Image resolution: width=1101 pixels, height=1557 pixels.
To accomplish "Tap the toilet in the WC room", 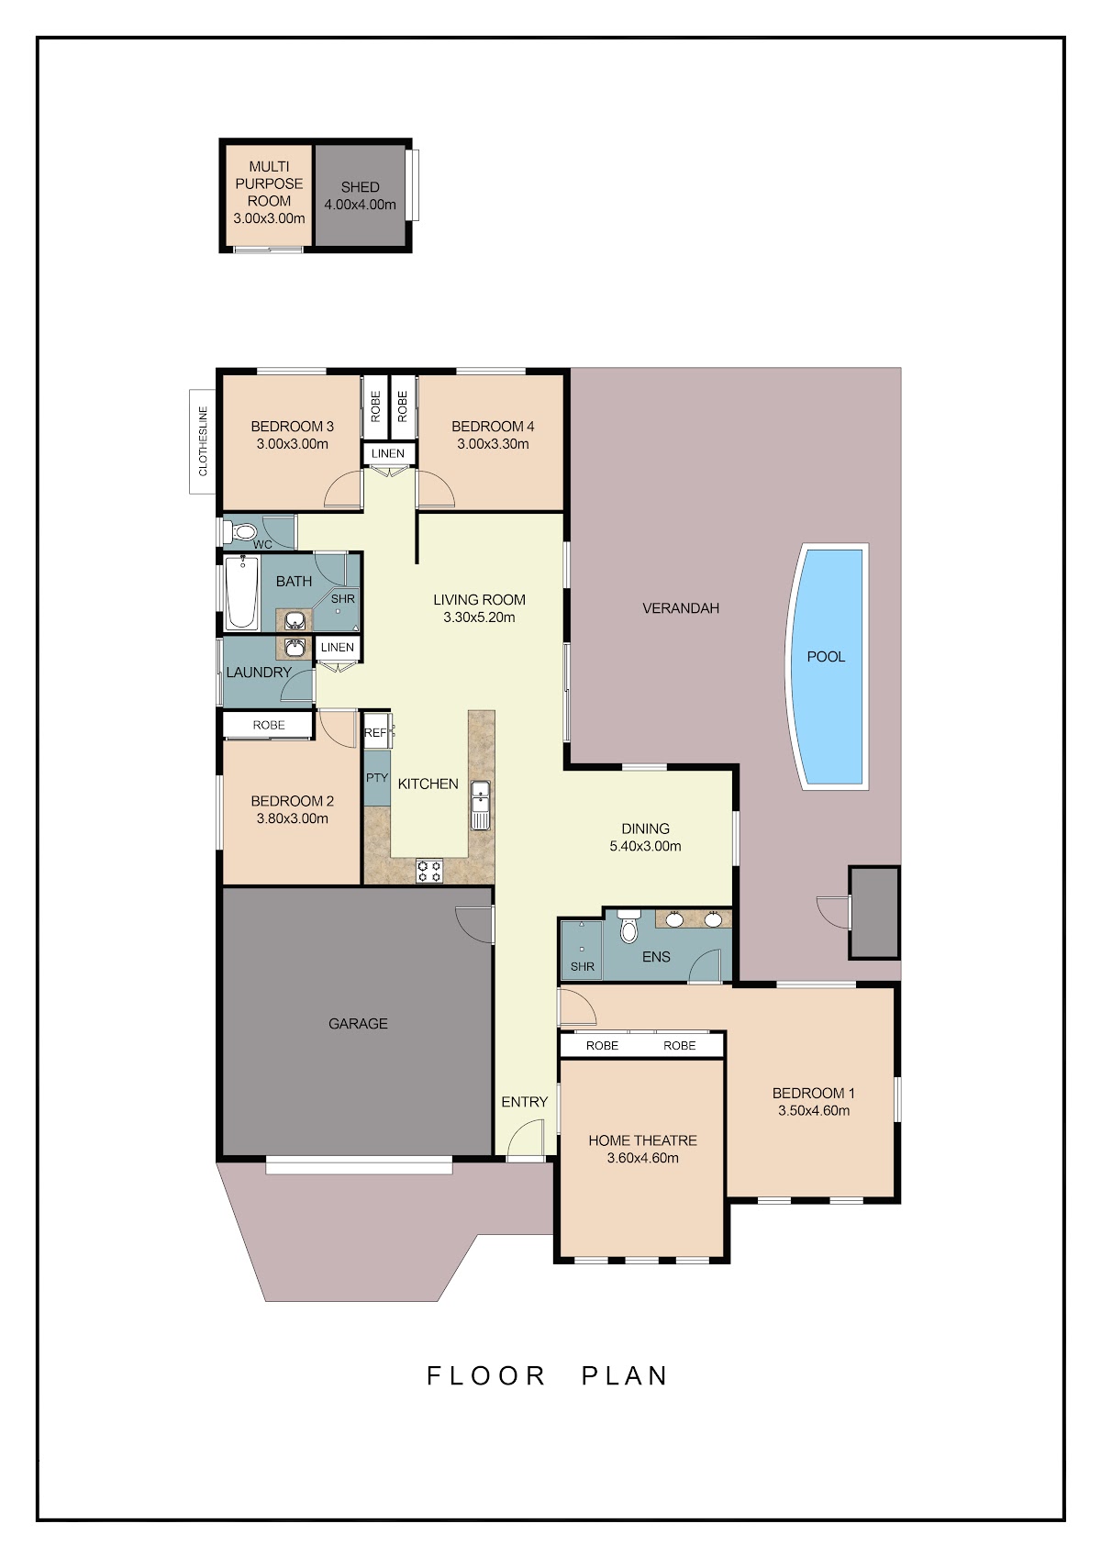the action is pos(240,532).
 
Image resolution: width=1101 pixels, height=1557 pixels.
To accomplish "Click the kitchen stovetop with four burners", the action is pos(428,871).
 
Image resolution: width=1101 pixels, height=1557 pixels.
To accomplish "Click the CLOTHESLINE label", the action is pos(203,441).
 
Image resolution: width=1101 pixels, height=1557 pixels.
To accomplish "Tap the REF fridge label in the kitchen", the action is pos(374,732).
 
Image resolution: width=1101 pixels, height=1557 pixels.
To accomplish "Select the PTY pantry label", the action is pos(377,778).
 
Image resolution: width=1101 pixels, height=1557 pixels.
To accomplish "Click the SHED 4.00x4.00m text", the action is pos(360,196).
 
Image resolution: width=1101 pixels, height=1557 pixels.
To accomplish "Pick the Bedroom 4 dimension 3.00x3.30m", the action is pos(493,444).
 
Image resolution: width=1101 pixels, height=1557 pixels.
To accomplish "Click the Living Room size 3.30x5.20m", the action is pos(479,617).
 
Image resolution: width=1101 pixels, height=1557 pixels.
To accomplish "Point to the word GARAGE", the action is pos(358,1023).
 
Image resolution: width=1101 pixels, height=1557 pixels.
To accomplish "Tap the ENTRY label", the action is pos(525,1102).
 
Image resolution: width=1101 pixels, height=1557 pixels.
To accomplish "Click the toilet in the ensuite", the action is pos(628,926).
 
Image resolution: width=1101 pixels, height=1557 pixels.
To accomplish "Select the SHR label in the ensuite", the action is pos(583,966).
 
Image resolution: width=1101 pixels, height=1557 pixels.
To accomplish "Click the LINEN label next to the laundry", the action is pos(337,647).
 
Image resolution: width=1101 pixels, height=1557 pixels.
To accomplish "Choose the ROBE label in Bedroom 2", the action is pos(269,725).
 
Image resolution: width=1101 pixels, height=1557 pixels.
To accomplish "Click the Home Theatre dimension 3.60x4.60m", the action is pos(643,1158).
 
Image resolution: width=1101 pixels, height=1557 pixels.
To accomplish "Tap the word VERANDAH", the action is pos(681,608).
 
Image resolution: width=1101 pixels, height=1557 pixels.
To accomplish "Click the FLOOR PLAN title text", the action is pos(547,1375).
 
